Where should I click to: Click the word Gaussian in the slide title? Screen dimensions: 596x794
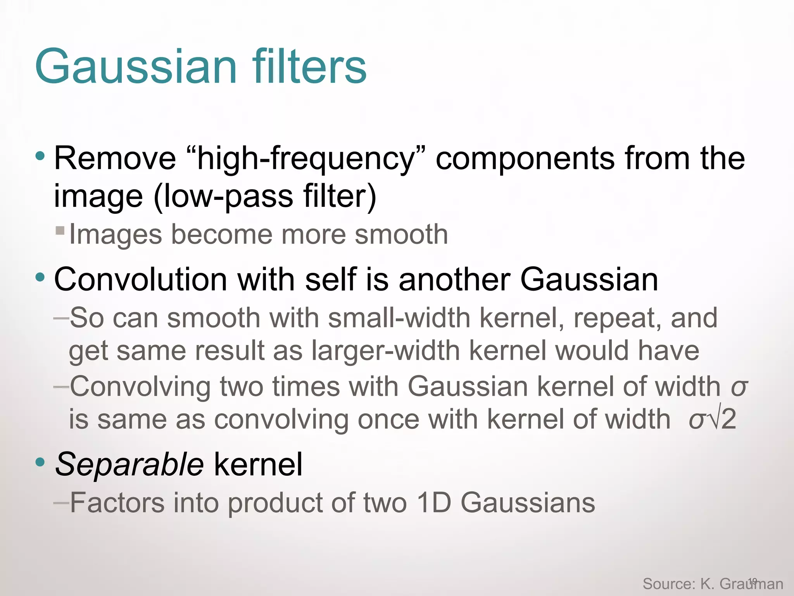click(x=136, y=67)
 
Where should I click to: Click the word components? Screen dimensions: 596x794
click(x=525, y=159)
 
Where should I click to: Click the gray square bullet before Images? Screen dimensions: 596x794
click(x=60, y=231)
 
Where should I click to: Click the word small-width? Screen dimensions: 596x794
click(x=399, y=318)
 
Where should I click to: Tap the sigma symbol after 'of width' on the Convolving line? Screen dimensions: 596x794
click(x=739, y=387)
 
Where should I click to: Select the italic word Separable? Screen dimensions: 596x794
click(x=129, y=464)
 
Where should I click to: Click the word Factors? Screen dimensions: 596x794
click(x=117, y=503)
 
